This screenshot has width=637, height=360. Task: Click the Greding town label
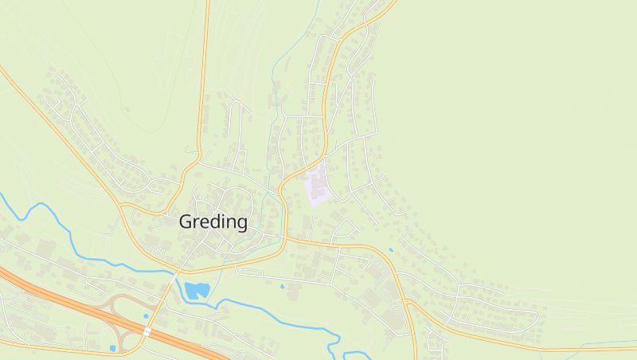213,221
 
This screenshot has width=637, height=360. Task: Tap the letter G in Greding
186,221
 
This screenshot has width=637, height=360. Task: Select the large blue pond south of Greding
196,290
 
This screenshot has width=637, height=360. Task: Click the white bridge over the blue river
176,272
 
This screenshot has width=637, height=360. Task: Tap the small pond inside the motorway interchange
146,316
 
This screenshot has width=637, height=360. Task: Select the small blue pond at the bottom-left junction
113,348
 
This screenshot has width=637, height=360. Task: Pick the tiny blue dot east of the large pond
282,286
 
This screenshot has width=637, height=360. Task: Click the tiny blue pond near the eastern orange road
390,250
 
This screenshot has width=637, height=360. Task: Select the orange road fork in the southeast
407,302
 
